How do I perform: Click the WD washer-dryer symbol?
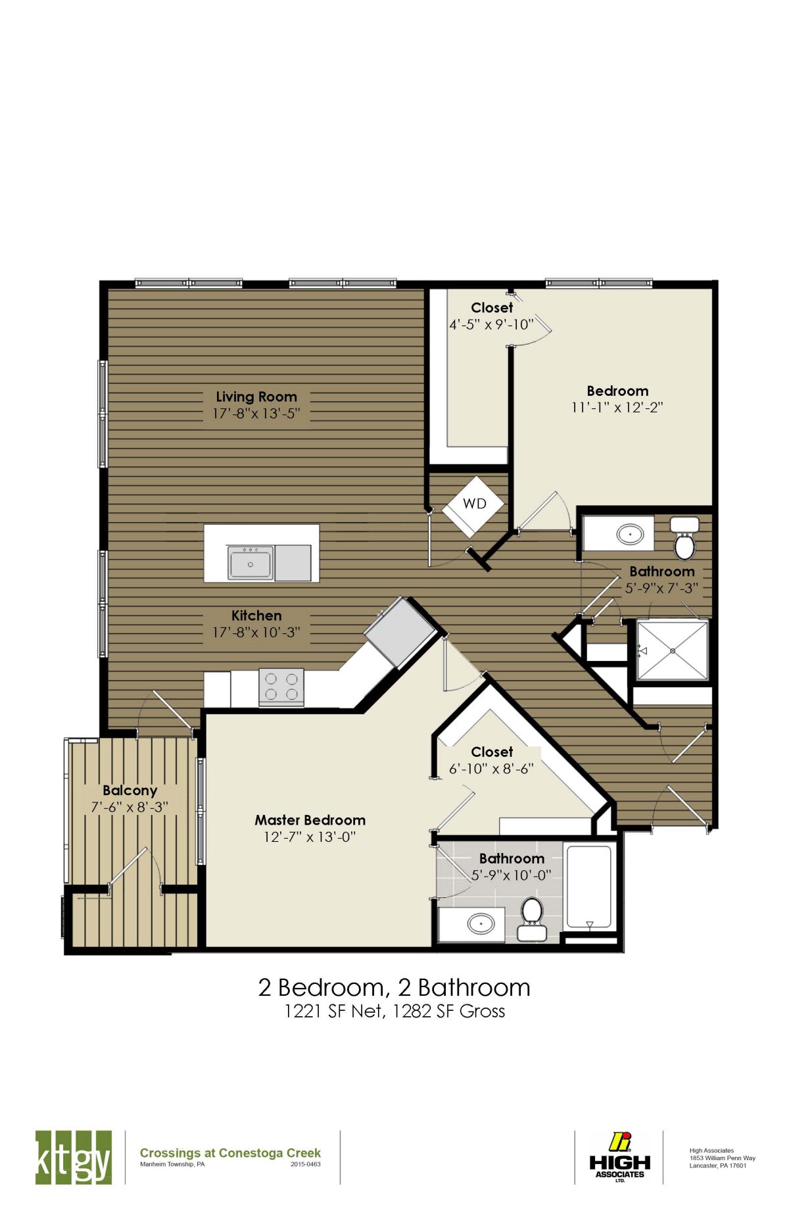pyautogui.click(x=473, y=504)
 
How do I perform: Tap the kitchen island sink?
pyautogui.click(x=250, y=564)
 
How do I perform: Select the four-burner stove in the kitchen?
pyautogui.click(x=281, y=687)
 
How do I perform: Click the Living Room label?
pyautogui.click(x=256, y=397)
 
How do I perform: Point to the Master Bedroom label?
pyautogui.click(x=310, y=820)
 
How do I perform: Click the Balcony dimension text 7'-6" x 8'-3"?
pyautogui.click(x=130, y=807)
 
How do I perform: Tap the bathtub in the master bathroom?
pyautogui.click(x=589, y=888)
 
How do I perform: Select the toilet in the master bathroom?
pyautogui.click(x=531, y=917)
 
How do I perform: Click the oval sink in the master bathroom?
pyautogui.click(x=481, y=923)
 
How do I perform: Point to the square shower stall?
pyautogui.click(x=673, y=650)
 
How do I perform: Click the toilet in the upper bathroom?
pyautogui.click(x=684, y=537)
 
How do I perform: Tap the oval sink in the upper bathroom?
pyautogui.click(x=631, y=534)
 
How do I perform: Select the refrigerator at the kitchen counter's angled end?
pyautogui.click(x=400, y=632)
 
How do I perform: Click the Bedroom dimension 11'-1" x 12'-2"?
pyautogui.click(x=617, y=408)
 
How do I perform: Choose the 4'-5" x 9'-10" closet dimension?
pyautogui.click(x=490, y=325)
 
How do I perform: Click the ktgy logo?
pyautogui.click(x=73, y=1158)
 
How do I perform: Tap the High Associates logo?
pyautogui.click(x=619, y=1157)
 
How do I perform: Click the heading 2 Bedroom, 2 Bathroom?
pyautogui.click(x=394, y=988)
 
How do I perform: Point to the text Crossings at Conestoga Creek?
pyautogui.click(x=230, y=1153)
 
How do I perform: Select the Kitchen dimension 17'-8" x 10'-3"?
pyautogui.click(x=256, y=633)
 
